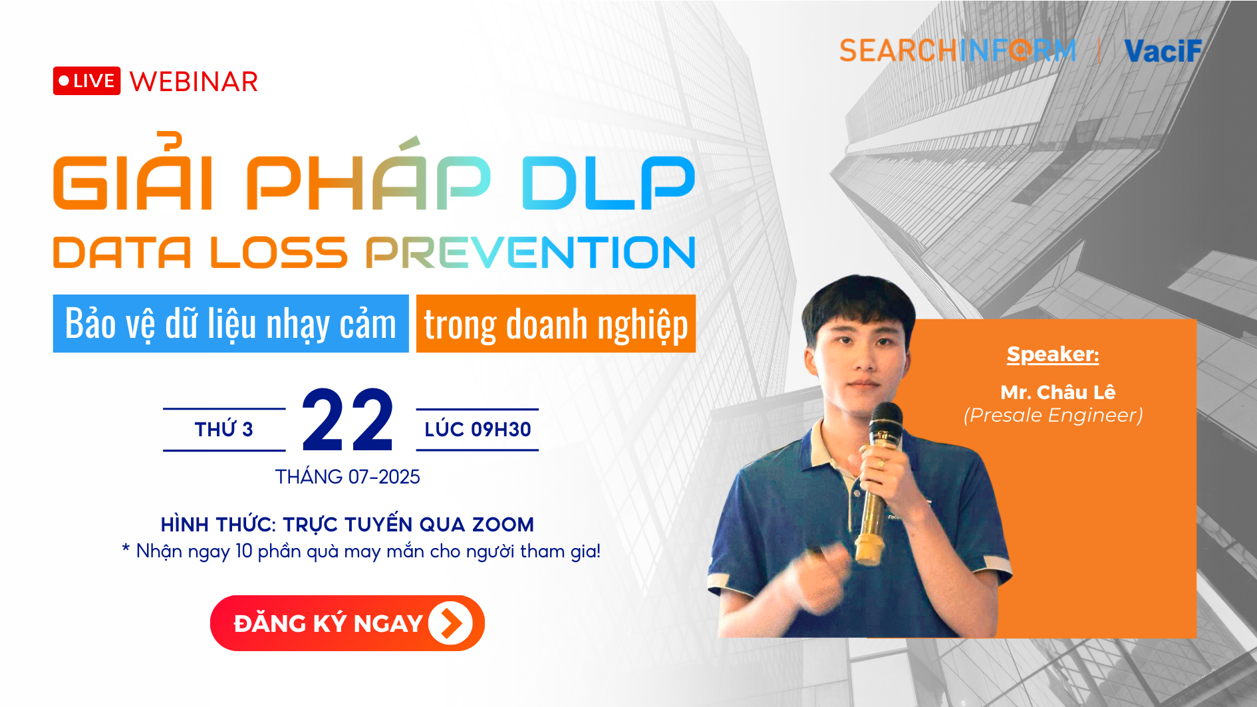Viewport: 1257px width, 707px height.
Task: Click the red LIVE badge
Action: pyautogui.click(x=86, y=81)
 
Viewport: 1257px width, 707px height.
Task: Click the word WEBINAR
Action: pyautogui.click(x=194, y=82)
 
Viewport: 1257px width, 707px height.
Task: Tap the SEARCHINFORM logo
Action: pyautogui.click(x=957, y=51)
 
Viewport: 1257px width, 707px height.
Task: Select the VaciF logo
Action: pyautogui.click(x=1163, y=51)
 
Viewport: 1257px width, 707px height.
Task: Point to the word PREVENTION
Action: pyautogui.click(x=530, y=253)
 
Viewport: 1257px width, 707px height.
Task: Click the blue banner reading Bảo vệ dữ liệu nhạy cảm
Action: pyautogui.click(x=231, y=324)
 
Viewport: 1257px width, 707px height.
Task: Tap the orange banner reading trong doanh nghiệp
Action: pyautogui.click(x=555, y=324)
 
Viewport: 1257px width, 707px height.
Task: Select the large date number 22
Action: pyautogui.click(x=348, y=420)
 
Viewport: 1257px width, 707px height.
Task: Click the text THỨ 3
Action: pyautogui.click(x=224, y=430)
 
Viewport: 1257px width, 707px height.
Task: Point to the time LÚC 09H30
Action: pyautogui.click(x=478, y=430)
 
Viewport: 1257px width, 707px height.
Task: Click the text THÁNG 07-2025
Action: pyautogui.click(x=348, y=477)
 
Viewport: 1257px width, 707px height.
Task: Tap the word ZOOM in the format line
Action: pyautogui.click(x=503, y=525)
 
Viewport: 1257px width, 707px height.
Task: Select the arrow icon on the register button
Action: pyautogui.click(x=450, y=623)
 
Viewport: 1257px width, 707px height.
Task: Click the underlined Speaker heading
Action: pyautogui.click(x=1052, y=354)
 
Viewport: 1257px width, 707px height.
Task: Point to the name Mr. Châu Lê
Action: pyautogui.click(x=1057, y=392)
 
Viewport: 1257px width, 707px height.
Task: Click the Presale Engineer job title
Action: pyautogui.click(x=1053, y=415)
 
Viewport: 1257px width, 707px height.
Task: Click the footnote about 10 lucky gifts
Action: pyautogui.click(x=361, y=551)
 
